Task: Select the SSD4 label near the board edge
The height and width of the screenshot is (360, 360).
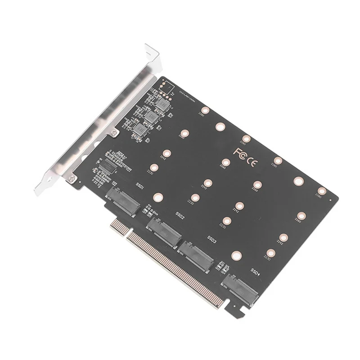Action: (255, 271)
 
